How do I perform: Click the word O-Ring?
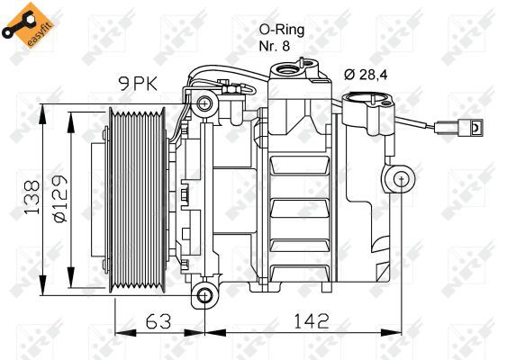coord(275,30)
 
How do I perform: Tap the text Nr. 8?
coord(275,47)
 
